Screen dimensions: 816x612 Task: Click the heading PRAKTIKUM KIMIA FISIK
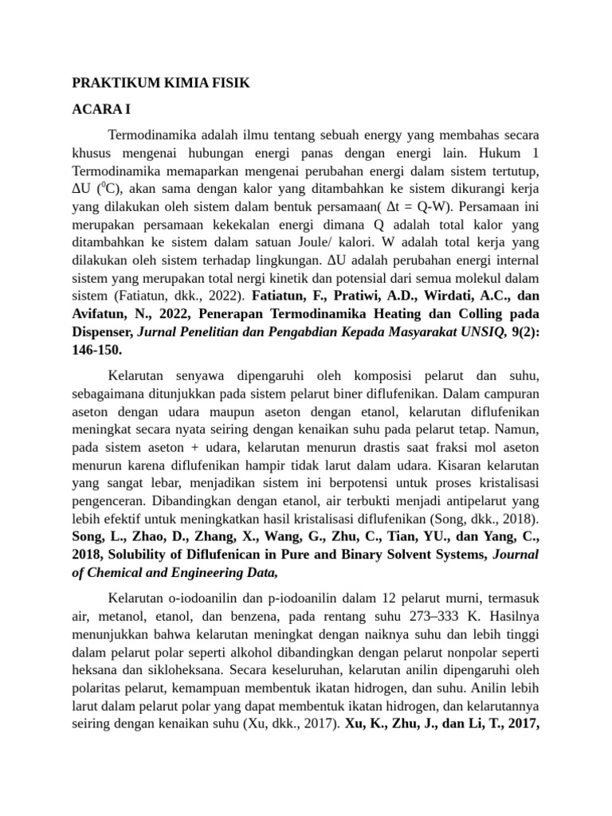click(161, 82)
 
